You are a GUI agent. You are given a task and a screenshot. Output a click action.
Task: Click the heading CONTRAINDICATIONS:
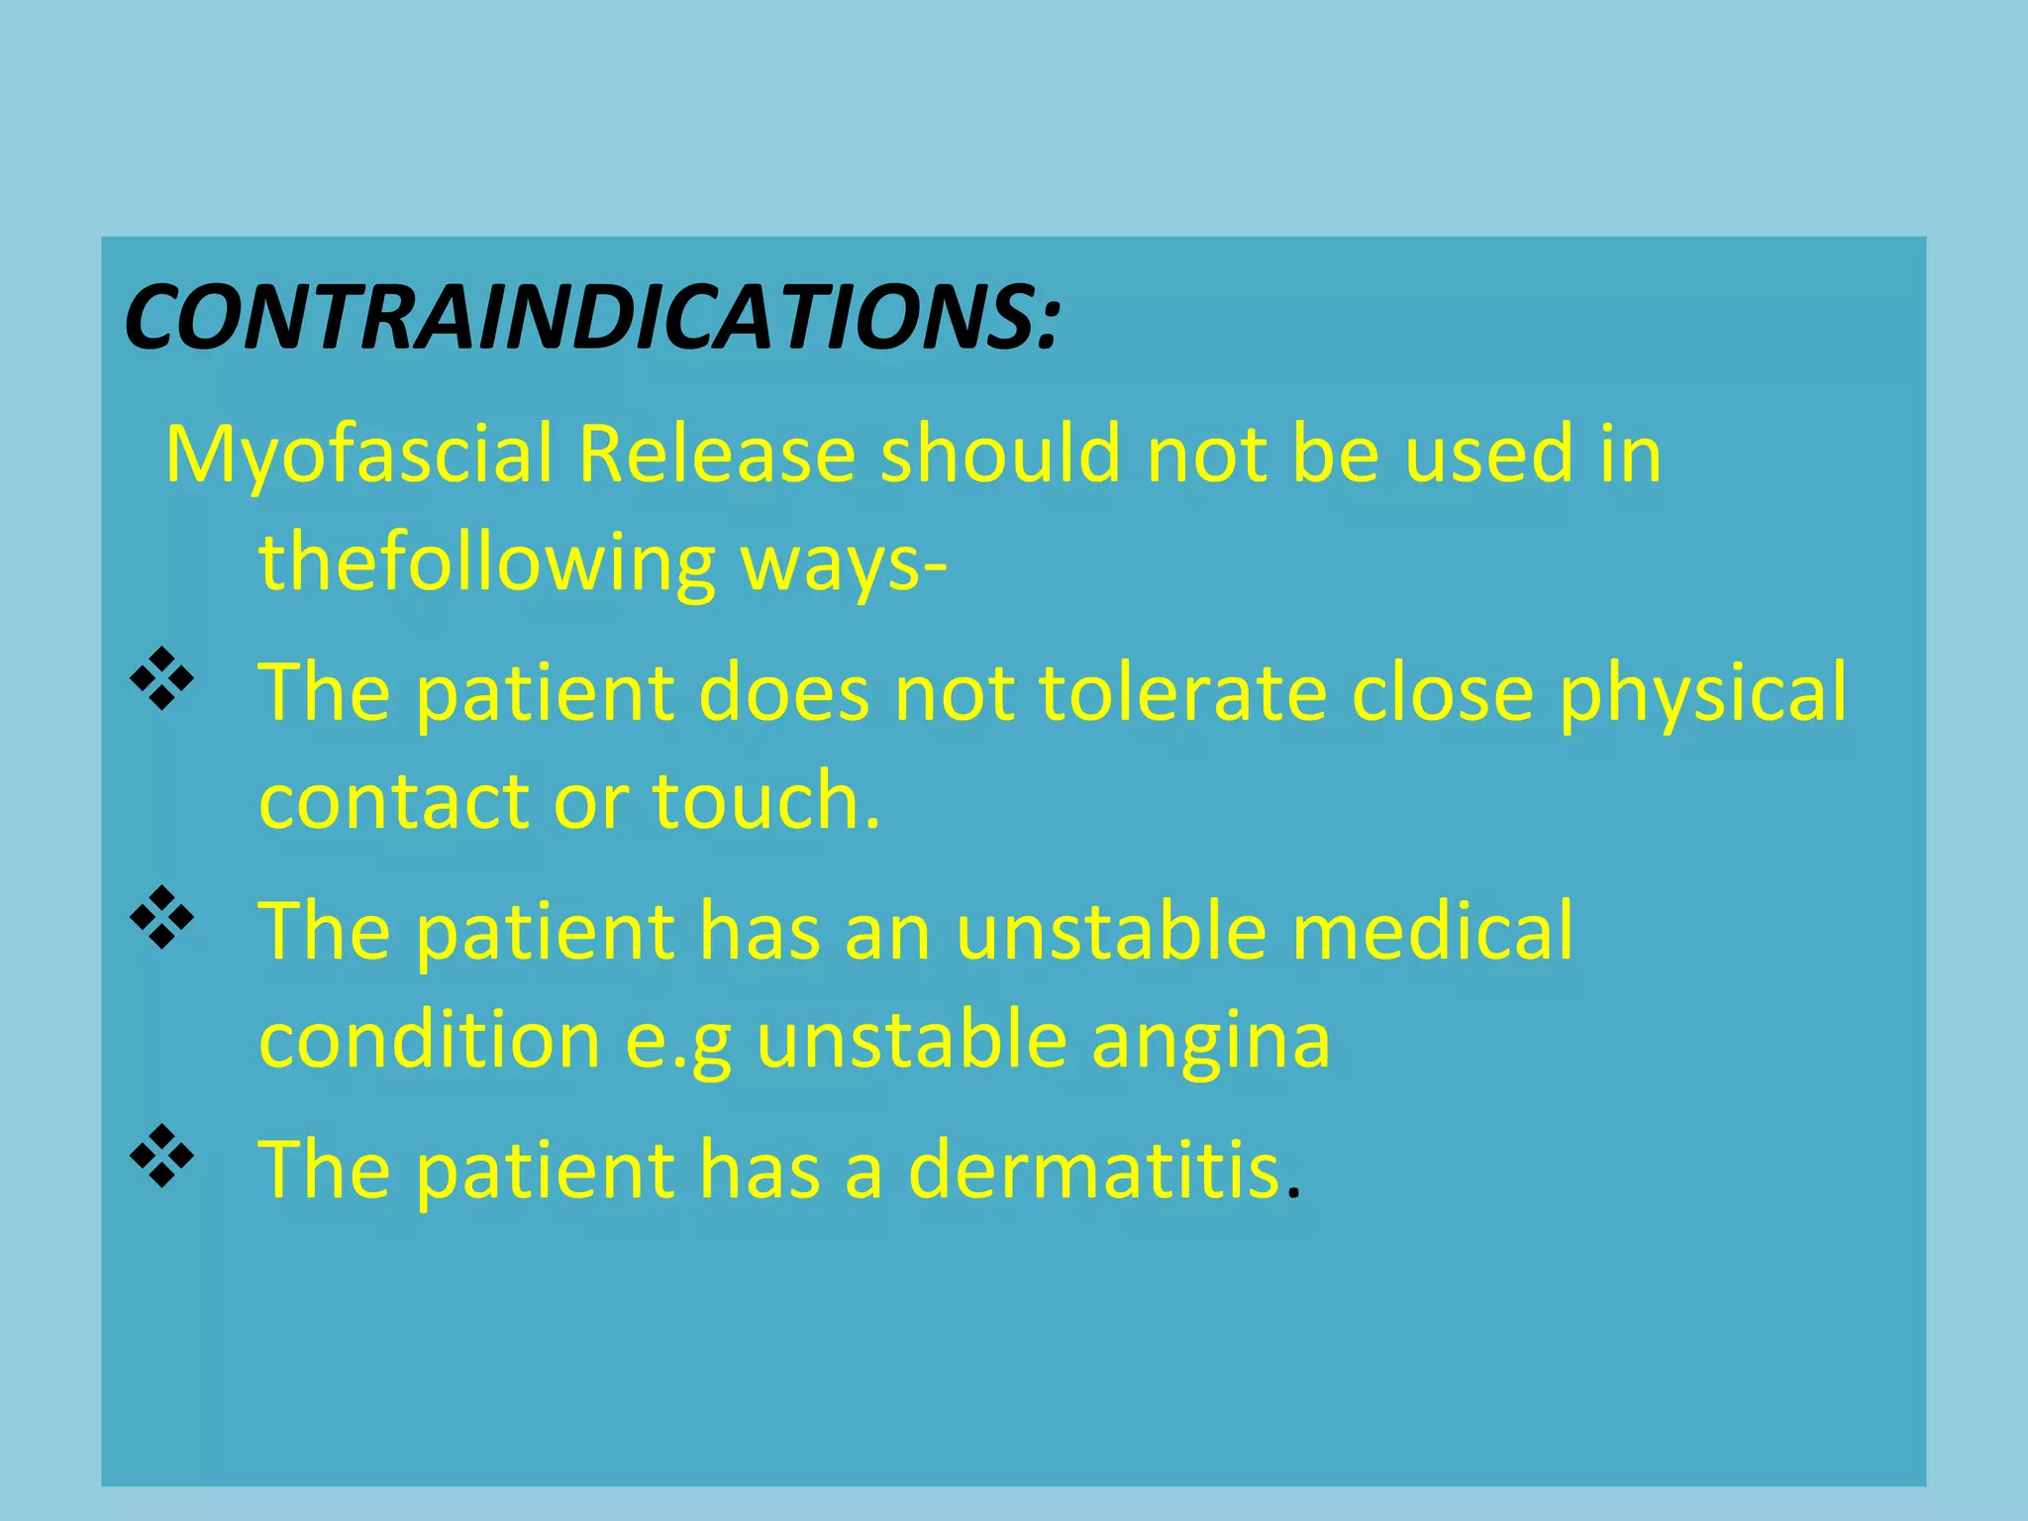592,317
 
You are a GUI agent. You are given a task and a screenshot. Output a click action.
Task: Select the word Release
716,454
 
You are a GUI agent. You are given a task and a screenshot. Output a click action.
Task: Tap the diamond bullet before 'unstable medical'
161,918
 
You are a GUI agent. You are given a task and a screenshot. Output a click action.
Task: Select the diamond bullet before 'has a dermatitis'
161,1156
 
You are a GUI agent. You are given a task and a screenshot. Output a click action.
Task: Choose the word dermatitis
1093,1169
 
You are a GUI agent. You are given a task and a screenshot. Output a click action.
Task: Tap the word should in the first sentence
1000,454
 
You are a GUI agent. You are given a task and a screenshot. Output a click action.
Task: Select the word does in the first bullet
783,691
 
